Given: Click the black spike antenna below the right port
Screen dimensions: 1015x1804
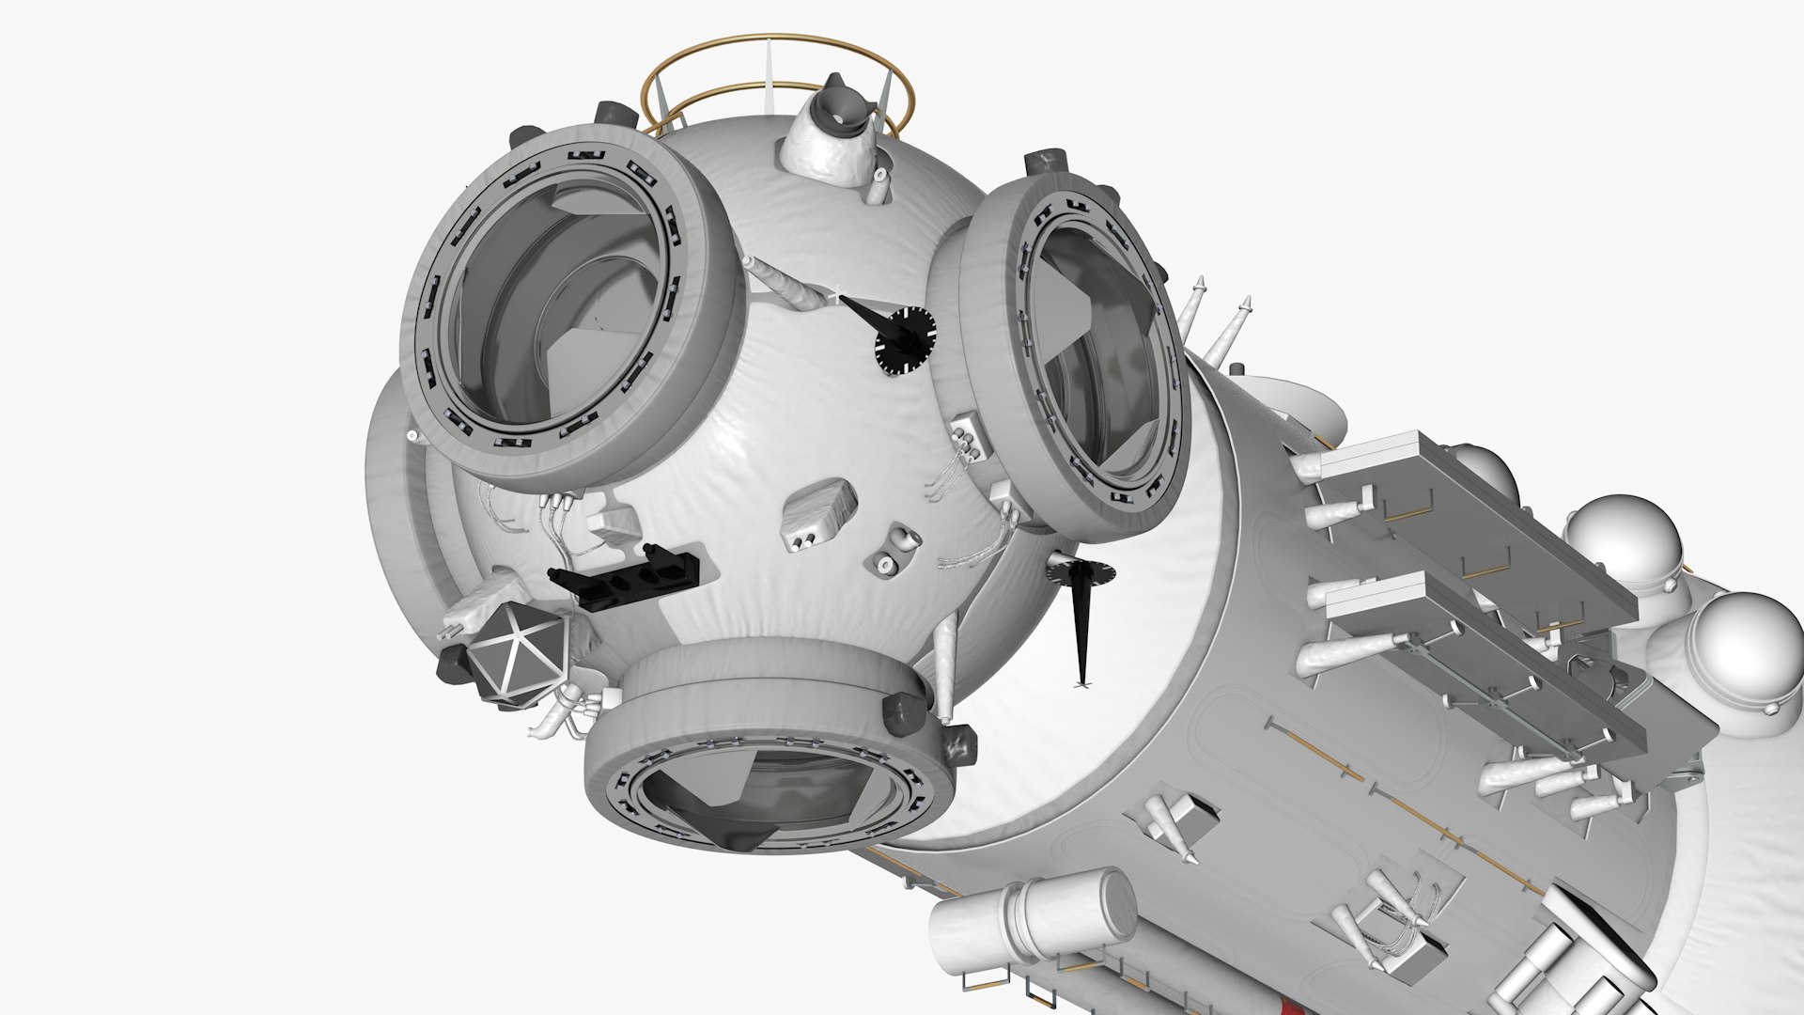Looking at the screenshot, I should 1082,620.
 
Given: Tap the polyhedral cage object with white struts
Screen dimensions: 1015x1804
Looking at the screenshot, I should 516,654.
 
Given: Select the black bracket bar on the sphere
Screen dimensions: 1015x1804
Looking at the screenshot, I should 625,571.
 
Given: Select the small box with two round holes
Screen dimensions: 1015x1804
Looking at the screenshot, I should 817,513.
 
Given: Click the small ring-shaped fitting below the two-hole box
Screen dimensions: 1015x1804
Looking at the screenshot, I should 886,563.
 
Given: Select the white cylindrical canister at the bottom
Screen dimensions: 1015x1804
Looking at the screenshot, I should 1034,916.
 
